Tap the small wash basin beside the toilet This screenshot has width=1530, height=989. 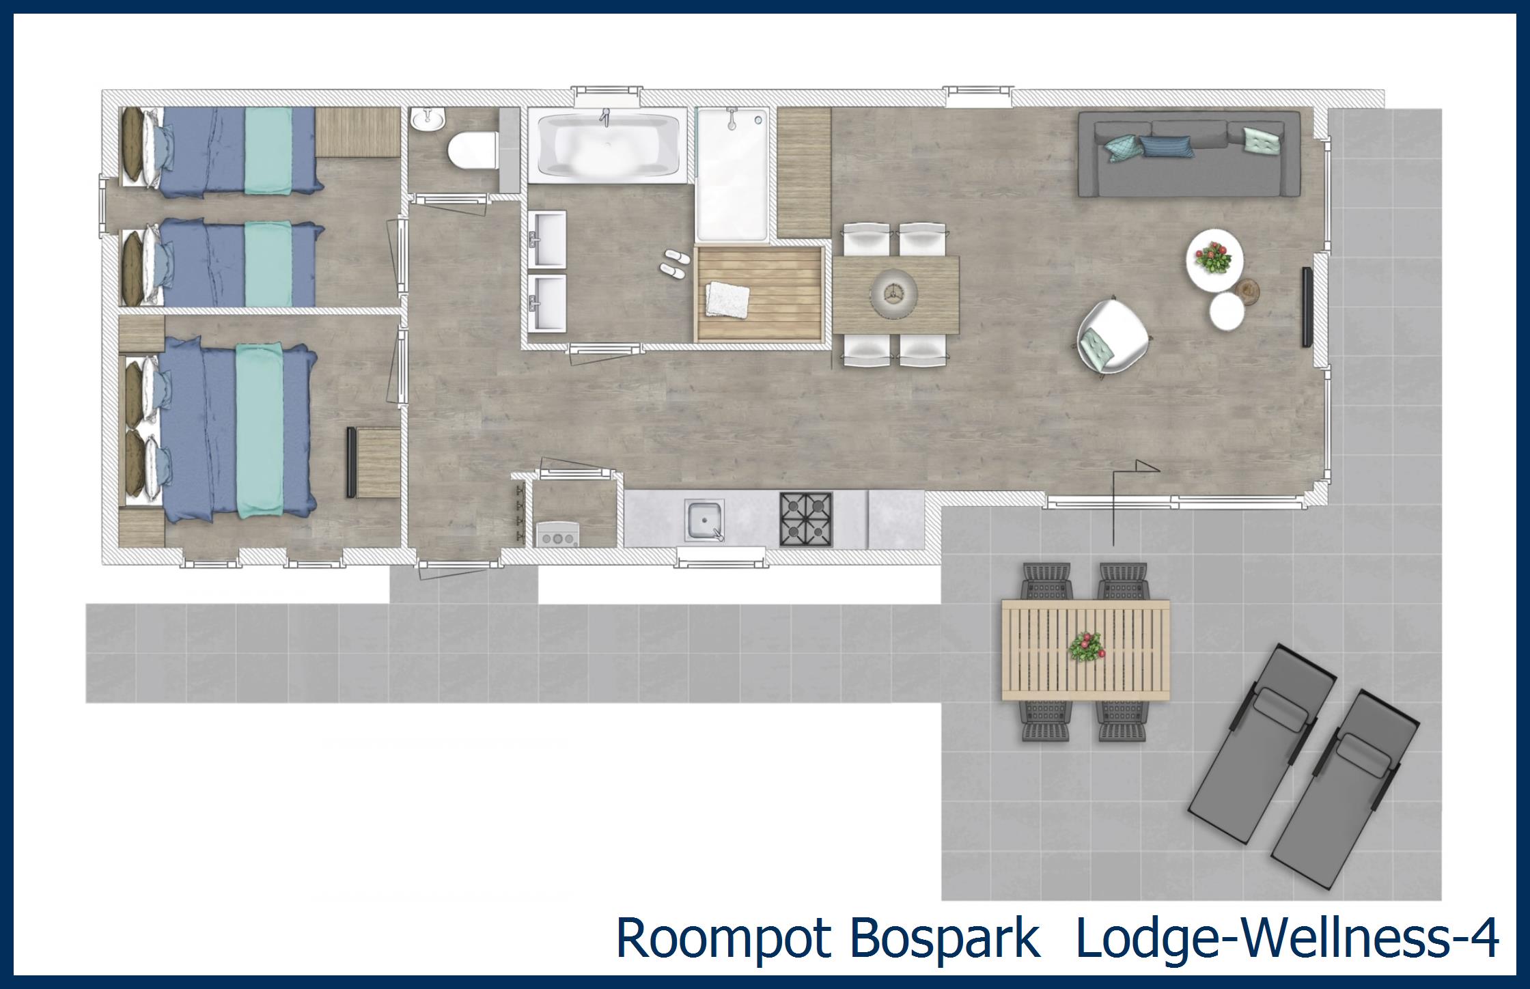(x=428, y=120)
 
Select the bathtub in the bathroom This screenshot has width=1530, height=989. (x=607, y=145)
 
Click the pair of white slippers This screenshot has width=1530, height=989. (x=674, y=263)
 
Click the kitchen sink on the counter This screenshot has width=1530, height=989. (x=705, y=520)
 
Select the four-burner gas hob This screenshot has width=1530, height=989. (x=806, y=520)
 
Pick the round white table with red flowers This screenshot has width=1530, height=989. (x=1214, y=260)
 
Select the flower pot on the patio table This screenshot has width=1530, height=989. (x=1086, y=646)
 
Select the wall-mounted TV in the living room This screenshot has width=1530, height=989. (x=1306, y=307)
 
